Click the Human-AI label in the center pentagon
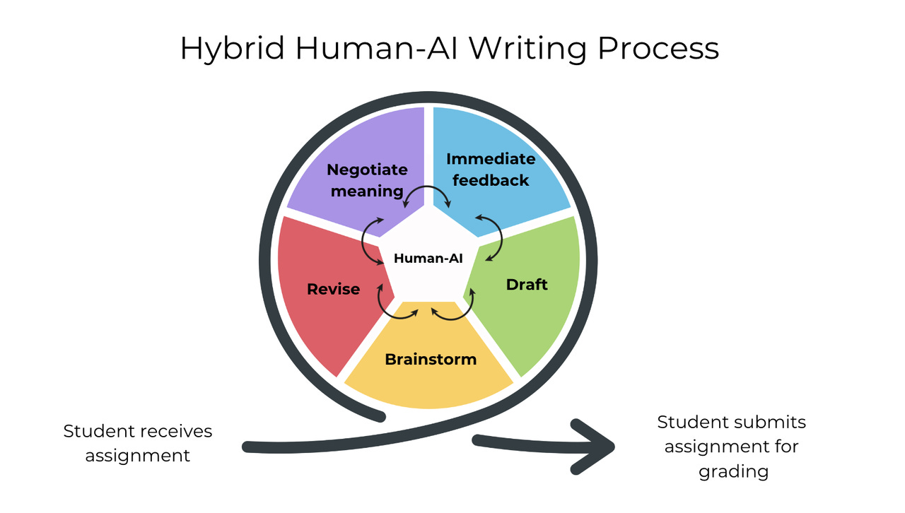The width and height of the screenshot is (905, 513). [428, 259]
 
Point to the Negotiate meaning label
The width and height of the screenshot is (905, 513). [367, 180]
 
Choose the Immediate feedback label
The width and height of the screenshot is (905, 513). [491, 170]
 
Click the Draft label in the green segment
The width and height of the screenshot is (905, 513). [527, 285]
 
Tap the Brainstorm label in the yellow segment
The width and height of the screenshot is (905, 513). [431, 359]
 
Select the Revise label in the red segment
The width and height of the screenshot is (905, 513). [333, 289]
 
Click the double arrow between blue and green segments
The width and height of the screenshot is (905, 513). [490, 237]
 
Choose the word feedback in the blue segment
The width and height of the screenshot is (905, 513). [491, 180]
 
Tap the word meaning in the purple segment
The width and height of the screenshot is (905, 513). [366, 191]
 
